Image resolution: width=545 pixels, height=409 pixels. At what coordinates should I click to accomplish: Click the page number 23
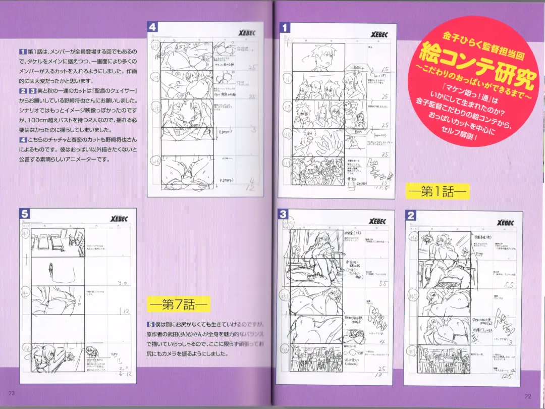(x=12, y=393)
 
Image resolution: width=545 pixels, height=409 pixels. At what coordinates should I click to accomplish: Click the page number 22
(x=528, y=395)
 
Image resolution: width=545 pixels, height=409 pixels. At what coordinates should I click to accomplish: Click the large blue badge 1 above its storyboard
(x=285, y=28)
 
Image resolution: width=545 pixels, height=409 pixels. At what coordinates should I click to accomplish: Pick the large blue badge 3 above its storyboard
(x=284, y=214)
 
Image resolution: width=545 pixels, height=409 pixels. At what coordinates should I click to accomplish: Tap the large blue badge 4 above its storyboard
(x=152, y=27)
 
